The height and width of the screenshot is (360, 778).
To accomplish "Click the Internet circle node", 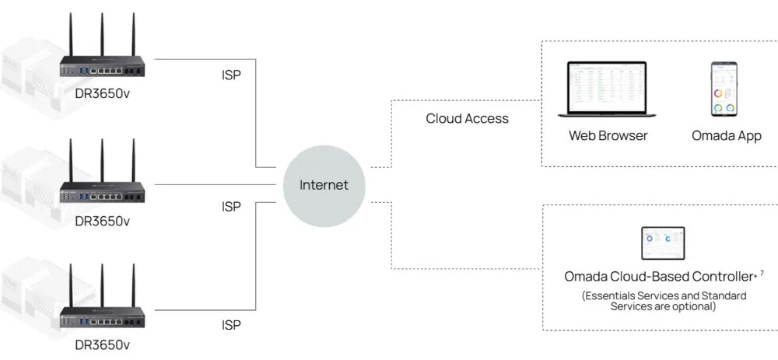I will point(324,185).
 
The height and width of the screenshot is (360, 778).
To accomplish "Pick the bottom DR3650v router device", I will point(102,311).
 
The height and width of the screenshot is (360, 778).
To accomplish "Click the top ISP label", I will point(231,77).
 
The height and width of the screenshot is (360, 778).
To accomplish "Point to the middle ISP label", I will point(231,207).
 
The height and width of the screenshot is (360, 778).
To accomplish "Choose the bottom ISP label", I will point(231,325).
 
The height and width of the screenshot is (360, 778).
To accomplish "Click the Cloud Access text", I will point(467,119).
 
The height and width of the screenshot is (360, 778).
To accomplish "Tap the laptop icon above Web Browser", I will point(607,89).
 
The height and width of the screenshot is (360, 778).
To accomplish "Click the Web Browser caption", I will point(608,136).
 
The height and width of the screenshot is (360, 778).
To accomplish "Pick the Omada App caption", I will point(726,136).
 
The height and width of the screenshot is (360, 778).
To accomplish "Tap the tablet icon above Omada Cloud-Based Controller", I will point(662,243).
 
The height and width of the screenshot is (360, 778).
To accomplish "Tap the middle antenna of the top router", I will point(102,35).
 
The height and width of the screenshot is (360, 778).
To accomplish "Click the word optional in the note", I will point(696,306).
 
